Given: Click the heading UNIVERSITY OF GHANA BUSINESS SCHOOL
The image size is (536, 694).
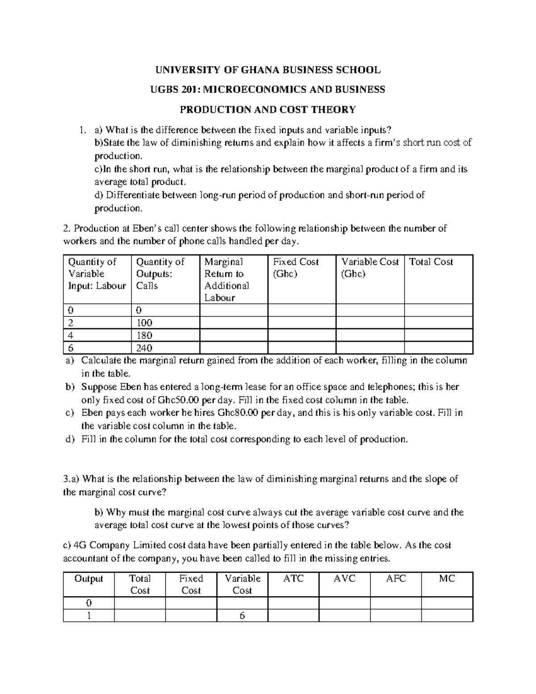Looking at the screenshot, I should (x=268, y=70).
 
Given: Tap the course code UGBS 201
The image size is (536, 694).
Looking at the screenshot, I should (x=176, y=90).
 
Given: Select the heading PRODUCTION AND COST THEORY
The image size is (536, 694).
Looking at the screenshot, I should (x=268, y=109).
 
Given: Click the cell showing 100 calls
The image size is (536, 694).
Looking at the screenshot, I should (x=145, y=323).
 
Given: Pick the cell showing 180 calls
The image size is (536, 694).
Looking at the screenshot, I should (x=145, y=335).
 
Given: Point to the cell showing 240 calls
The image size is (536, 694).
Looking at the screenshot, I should (x=145, y=348).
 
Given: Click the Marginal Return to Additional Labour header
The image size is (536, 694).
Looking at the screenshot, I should (x=226, y=279).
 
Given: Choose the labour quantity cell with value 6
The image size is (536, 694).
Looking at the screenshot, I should (x=71, y=348).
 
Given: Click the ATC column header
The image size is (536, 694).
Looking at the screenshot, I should (x=293, y=579).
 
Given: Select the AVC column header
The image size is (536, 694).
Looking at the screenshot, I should (x=344, y=579).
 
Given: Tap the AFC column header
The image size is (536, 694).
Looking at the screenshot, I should (x=396, y=579).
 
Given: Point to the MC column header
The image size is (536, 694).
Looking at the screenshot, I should (x=447, y=579).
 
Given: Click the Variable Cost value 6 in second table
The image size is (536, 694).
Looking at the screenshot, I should (x=242, y=616).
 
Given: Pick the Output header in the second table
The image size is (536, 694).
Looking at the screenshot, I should (x=88, y=579).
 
